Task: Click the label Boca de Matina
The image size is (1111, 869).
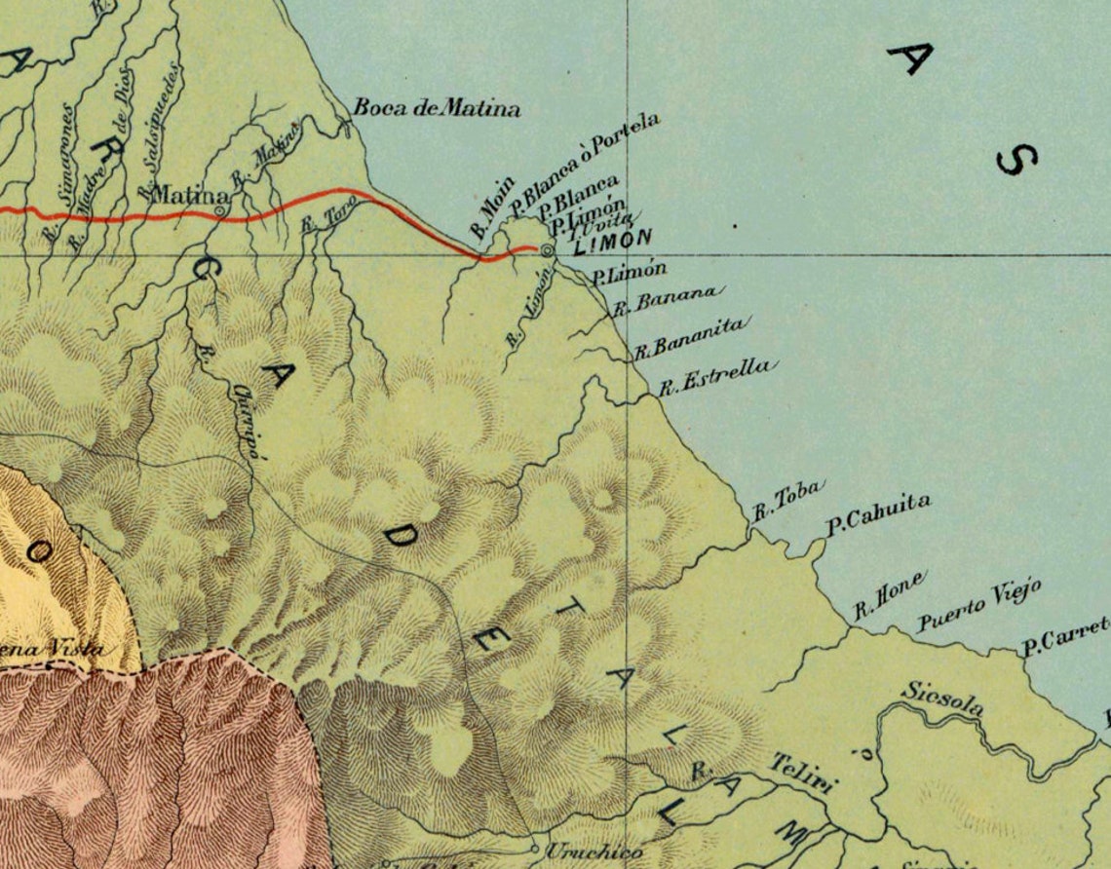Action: coord(436,108)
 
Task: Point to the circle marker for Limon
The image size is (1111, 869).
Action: coord(547,250)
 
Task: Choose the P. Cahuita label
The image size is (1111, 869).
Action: coord(878,513)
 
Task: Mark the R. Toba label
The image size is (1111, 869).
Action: coord(788,498)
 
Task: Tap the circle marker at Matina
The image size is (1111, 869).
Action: coord(221,208)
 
